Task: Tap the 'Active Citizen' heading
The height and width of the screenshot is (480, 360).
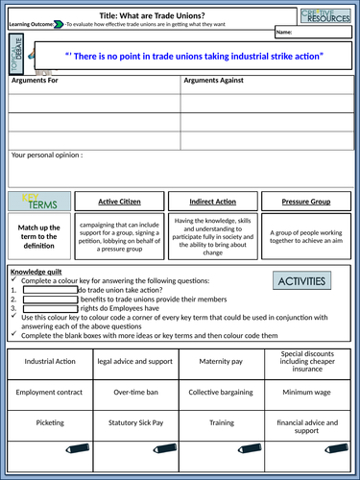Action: click(x=134, y=203)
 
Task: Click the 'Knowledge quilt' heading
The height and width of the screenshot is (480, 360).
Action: click(x=36, y=272)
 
